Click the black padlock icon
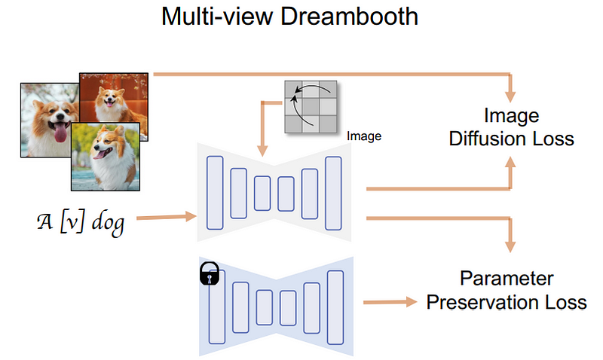[x=208, y=275]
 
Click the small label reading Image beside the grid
[x=364, y=136]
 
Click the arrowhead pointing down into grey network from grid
[x=262, y=151]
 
